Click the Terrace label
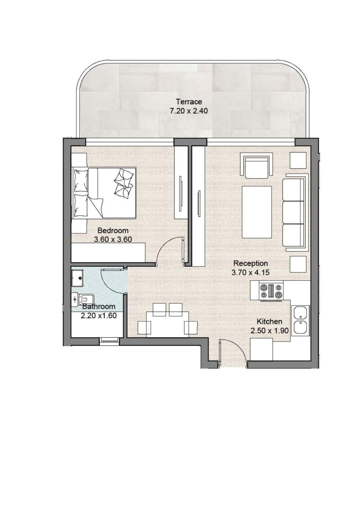pos(189,101)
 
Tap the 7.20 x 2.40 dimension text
pos(189,111)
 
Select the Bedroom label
pos(113,230)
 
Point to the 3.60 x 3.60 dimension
pos(113,239)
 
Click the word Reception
pos(250,263)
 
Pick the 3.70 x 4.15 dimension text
pos(250,272)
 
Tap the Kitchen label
pos(269,321)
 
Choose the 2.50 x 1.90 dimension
pos(269,331)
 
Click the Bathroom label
pos(99,307)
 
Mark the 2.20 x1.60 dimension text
pos(99,316)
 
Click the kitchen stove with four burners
pos(271,291)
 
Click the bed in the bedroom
pos(104,193)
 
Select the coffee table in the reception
pos(257,212)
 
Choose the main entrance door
pos(233,353)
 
